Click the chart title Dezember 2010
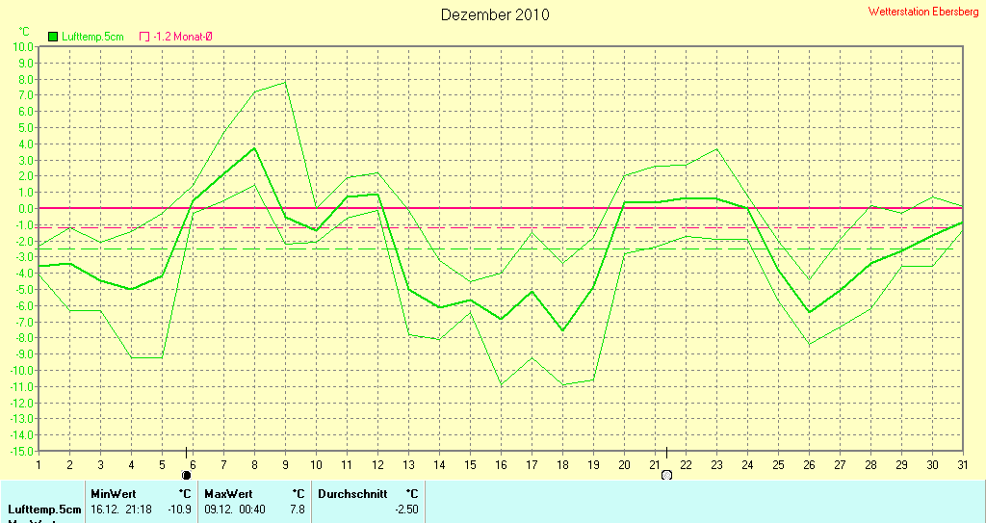click(495, 14)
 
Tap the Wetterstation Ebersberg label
click(922, 12)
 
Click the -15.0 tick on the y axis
click(21, 451)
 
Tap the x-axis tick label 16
click(501, 464)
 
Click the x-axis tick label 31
click(962, 464)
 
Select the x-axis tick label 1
click(39, 464)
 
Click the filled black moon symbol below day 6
click(187, 475)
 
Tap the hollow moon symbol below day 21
click(665, 475)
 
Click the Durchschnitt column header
click(352, 493)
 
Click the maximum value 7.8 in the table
click(297, 509)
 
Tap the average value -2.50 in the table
click(406, 509)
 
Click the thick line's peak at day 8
click(254, 147)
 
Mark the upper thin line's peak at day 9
click(285, 82)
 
